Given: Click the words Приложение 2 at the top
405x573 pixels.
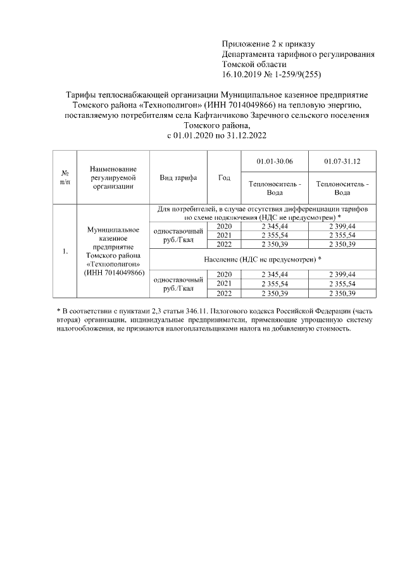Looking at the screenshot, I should [247, 43].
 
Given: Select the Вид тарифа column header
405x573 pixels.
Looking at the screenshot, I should [178, 178].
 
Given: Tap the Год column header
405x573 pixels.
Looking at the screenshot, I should [224, 178].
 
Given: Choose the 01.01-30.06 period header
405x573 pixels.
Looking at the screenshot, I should [273, 162].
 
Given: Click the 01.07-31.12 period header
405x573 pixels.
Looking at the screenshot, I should [342, 162].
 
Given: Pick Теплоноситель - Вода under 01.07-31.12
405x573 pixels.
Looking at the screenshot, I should [342, 188].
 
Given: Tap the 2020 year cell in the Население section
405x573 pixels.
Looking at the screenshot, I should [224, 274].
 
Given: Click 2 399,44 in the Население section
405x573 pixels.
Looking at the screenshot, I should [342, 274].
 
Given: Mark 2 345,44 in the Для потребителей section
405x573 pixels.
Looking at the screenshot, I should [273, 226].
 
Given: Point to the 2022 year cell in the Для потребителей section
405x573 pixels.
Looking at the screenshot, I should [224, 244].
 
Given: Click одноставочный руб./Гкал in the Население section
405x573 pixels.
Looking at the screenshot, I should [178, 284].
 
